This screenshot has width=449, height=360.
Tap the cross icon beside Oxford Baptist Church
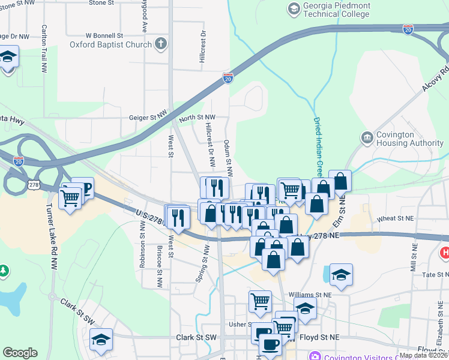160,43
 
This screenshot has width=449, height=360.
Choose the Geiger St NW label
147,118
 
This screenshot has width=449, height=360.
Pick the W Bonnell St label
104,35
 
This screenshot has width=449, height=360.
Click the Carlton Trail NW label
44,49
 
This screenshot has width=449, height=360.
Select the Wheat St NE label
394,220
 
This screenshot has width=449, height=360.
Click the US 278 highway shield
34,185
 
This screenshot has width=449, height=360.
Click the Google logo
20,353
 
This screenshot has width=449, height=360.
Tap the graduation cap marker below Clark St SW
101,340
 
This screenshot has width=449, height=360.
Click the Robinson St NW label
143,240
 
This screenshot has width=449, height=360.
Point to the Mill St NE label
414,259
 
